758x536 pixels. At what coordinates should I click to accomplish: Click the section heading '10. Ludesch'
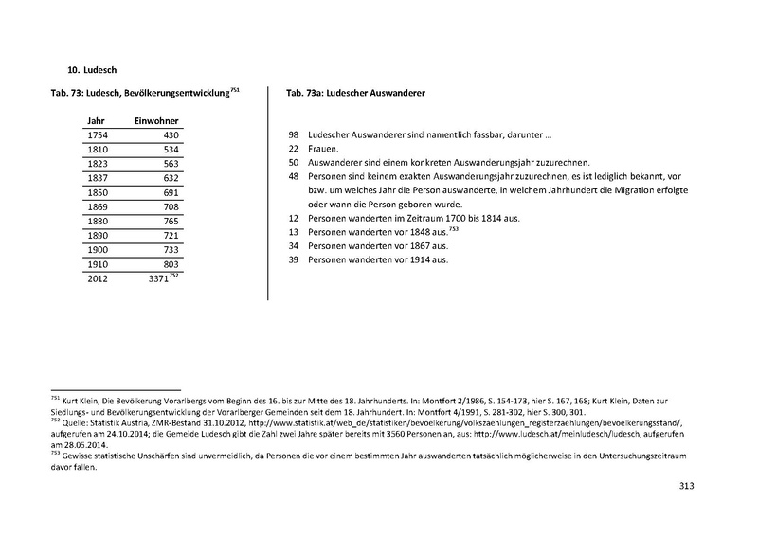[x=91, y=69]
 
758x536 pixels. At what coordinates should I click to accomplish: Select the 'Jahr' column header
[x=96, y=122]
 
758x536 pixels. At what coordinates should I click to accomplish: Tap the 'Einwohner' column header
[x=156, y=122]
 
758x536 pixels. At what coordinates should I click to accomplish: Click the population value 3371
[x=164, y=279]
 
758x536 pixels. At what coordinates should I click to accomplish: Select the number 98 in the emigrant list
[x=293, y=136]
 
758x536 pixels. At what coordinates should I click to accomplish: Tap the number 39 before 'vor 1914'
[x=293, y=259]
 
